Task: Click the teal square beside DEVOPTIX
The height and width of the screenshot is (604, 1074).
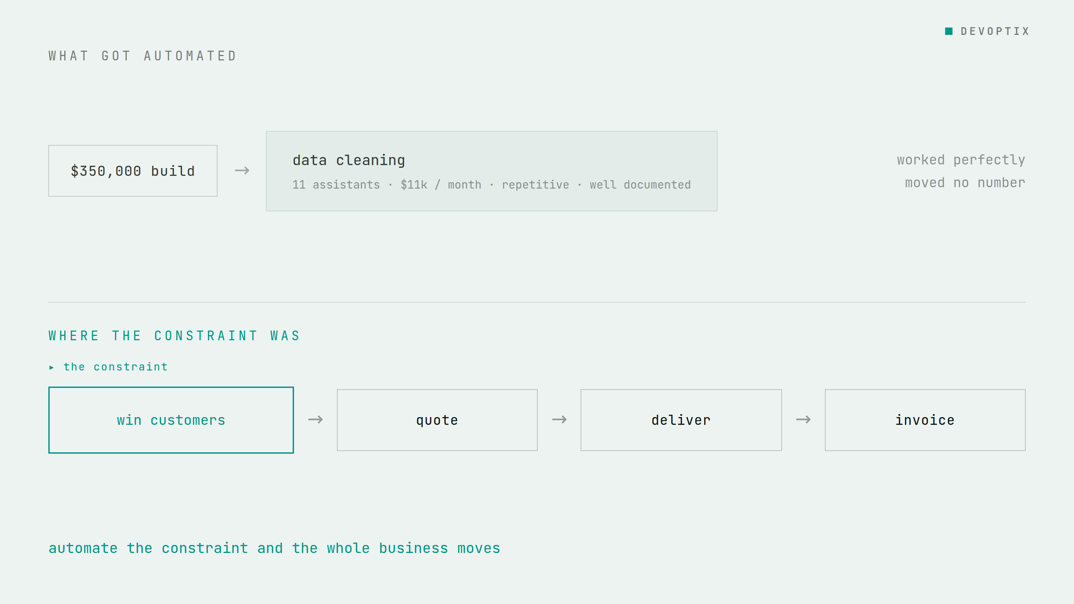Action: click(x=948, y=31)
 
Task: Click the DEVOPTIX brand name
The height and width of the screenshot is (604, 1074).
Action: click(x=995, y=31)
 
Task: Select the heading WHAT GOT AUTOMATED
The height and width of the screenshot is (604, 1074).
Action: click(x=142, y=56)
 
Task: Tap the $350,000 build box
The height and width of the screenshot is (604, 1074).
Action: click(x=133, y=171)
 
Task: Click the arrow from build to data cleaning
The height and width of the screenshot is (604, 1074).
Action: click(x=242, y=170)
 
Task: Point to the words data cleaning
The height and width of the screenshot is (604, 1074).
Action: click(x=349, y=160)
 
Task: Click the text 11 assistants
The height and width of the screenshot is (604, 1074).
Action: click(x=336, y=185)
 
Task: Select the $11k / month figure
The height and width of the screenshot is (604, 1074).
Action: click(x=441, y=185)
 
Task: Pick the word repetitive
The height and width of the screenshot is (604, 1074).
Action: click(x=535, y=185)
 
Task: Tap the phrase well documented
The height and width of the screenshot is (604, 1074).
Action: click(x=640, y=185)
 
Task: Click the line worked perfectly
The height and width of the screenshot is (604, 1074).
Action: click(x=961, y=160)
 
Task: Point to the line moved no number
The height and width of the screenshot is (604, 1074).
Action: click(x=965, y=183)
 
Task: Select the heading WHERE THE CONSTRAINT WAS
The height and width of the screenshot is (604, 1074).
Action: click(x=174, y=336)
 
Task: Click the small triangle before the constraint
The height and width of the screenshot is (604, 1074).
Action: click(x=51, y=367)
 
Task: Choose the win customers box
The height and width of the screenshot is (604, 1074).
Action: click(x=171, y=420)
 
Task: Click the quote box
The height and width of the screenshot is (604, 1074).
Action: click(x=437, y=420)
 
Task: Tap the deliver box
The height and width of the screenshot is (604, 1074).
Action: click(x=681, y=420)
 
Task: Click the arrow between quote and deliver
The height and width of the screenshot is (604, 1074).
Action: click(x=559, y=419)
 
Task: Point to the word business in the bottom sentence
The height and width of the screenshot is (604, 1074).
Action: click(x=413, y=548)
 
